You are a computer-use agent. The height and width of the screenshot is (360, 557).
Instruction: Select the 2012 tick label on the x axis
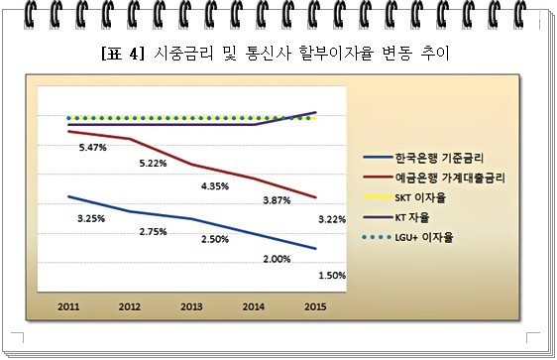pos(129,307)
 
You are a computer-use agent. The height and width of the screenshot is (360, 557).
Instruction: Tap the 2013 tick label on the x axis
pos(191,307)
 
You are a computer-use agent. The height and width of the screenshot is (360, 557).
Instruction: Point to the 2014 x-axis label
pos(254,307)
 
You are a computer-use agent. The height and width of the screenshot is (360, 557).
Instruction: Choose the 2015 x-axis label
pos(315,307)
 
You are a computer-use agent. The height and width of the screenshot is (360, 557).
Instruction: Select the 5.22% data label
pos(153,163)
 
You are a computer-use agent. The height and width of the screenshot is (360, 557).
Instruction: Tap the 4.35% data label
pos(215,185)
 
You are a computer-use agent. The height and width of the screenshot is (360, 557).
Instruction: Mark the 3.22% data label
pos(331,217)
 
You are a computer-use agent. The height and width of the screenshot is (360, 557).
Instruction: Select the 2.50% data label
pos(215,239)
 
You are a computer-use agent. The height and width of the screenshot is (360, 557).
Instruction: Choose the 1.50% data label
pos(331,275)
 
